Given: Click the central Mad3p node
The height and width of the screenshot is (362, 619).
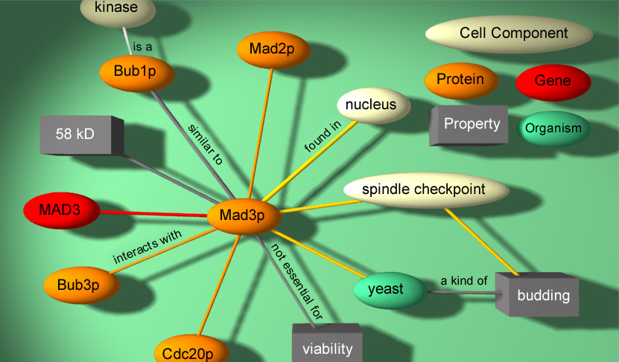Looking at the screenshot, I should [243, 216].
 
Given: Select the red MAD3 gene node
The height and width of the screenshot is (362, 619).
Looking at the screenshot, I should [60, 211].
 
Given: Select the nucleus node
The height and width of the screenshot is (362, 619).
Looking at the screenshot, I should [372, 105].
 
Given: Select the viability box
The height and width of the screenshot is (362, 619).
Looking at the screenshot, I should [326, 346].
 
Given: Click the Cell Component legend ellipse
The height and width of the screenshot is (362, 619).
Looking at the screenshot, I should [509, 33].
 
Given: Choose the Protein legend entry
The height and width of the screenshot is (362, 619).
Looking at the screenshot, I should [460, 80].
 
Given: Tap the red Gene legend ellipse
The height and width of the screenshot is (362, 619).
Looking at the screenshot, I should [553, 81].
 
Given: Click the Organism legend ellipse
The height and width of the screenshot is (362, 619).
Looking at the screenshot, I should [553, 128].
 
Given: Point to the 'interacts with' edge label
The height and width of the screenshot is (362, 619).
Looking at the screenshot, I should [147, 247].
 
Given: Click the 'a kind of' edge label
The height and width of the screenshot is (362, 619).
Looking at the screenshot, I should [463, 280].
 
